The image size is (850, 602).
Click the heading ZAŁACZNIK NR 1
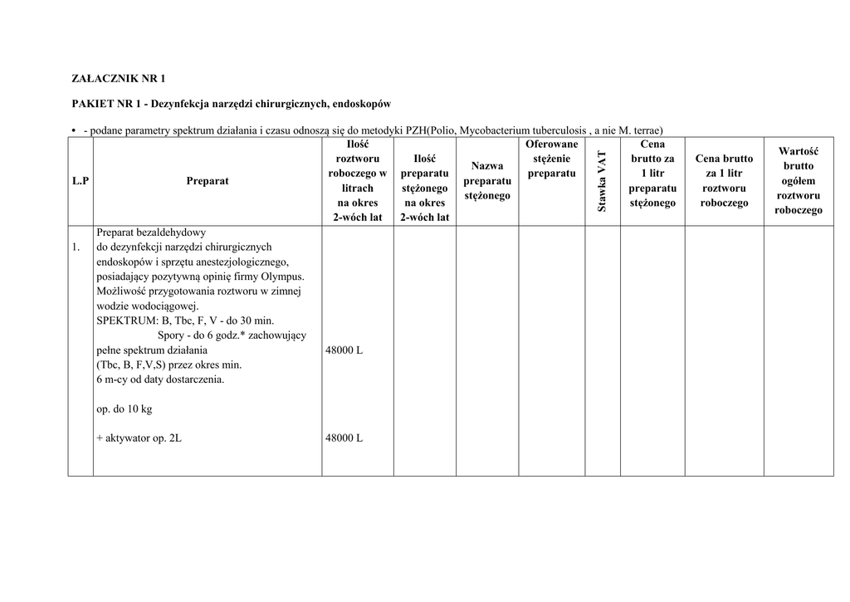117,79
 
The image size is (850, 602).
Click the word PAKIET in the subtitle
90,104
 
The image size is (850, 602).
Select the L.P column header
81,180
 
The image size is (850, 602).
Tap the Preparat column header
208,180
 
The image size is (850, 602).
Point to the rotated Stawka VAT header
603,180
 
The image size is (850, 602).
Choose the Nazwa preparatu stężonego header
486,180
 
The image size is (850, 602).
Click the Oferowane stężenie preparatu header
551,159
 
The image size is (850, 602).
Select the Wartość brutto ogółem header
798,180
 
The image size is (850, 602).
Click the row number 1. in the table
76,247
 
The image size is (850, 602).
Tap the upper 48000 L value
345,350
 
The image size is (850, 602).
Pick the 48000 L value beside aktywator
345,438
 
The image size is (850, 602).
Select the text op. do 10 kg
125,409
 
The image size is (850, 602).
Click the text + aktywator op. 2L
139,438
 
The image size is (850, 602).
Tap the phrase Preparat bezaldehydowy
151,232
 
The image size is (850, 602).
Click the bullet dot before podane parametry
74,130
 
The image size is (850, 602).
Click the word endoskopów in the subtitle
362,104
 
